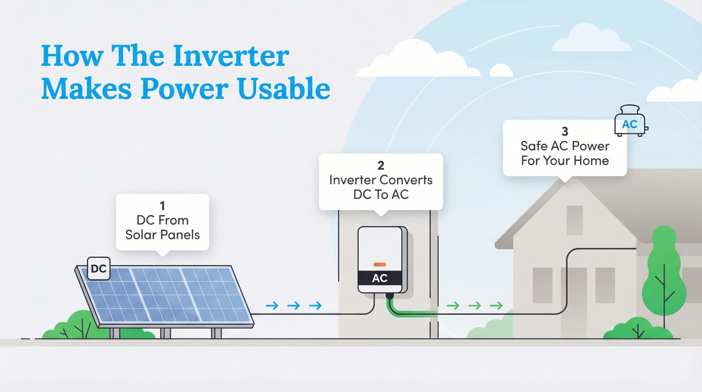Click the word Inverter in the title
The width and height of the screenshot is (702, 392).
coord(231,56)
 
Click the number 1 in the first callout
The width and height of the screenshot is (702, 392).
coord(162,206)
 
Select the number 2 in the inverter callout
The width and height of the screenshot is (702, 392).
coord(380,166)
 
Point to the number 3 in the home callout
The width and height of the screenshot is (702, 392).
coord(565,131)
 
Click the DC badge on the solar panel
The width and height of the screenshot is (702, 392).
coord(99,269)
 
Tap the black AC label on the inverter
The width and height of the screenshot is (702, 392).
coord(380,278)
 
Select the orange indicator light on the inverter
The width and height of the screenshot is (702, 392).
coord(380,264)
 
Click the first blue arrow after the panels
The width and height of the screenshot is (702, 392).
coord(272,306)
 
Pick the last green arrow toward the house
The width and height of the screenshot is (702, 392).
coord(496,305)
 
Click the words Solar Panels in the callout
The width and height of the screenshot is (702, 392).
coord(162,235)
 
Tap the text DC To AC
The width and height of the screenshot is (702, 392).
coord(380,195)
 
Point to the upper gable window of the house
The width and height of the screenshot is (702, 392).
coord(574,220)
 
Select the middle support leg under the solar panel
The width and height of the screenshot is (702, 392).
coord(165,333)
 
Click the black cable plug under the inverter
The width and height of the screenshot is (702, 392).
coord(389,296)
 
